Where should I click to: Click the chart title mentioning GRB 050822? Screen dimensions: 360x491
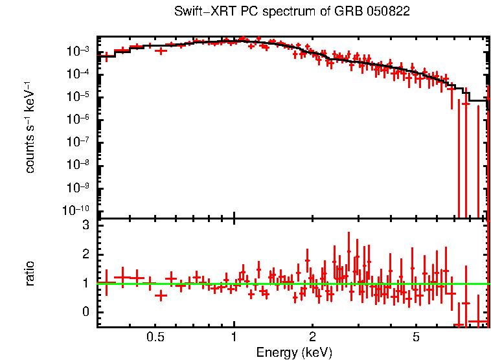292,12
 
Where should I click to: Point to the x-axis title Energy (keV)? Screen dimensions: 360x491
294,352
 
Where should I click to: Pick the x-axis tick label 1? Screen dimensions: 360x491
234,337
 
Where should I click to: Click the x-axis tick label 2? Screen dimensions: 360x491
312,337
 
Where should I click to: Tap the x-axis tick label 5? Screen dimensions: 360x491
416,337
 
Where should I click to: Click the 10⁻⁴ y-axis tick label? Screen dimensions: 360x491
82,74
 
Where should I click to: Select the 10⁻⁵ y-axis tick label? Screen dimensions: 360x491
82,97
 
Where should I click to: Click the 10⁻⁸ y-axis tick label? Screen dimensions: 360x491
82,165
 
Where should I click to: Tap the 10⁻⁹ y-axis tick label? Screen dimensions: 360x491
82,188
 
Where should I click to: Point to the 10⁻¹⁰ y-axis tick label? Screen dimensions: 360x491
80,210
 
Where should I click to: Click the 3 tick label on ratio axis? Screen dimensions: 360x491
85,225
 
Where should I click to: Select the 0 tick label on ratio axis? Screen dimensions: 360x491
85,312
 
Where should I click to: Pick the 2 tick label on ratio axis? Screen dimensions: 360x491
85,254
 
